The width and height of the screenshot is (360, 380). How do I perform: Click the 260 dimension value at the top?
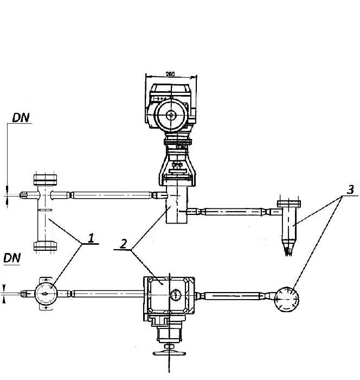point(171,74)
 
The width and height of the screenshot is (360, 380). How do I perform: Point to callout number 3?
point(351,190)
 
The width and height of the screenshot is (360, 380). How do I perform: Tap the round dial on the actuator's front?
point(171,115)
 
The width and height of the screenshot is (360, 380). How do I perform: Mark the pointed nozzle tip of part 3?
point(287,250)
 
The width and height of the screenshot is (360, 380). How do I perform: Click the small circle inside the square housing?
point(175,295)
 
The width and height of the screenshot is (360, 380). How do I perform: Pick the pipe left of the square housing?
point(103,294)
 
